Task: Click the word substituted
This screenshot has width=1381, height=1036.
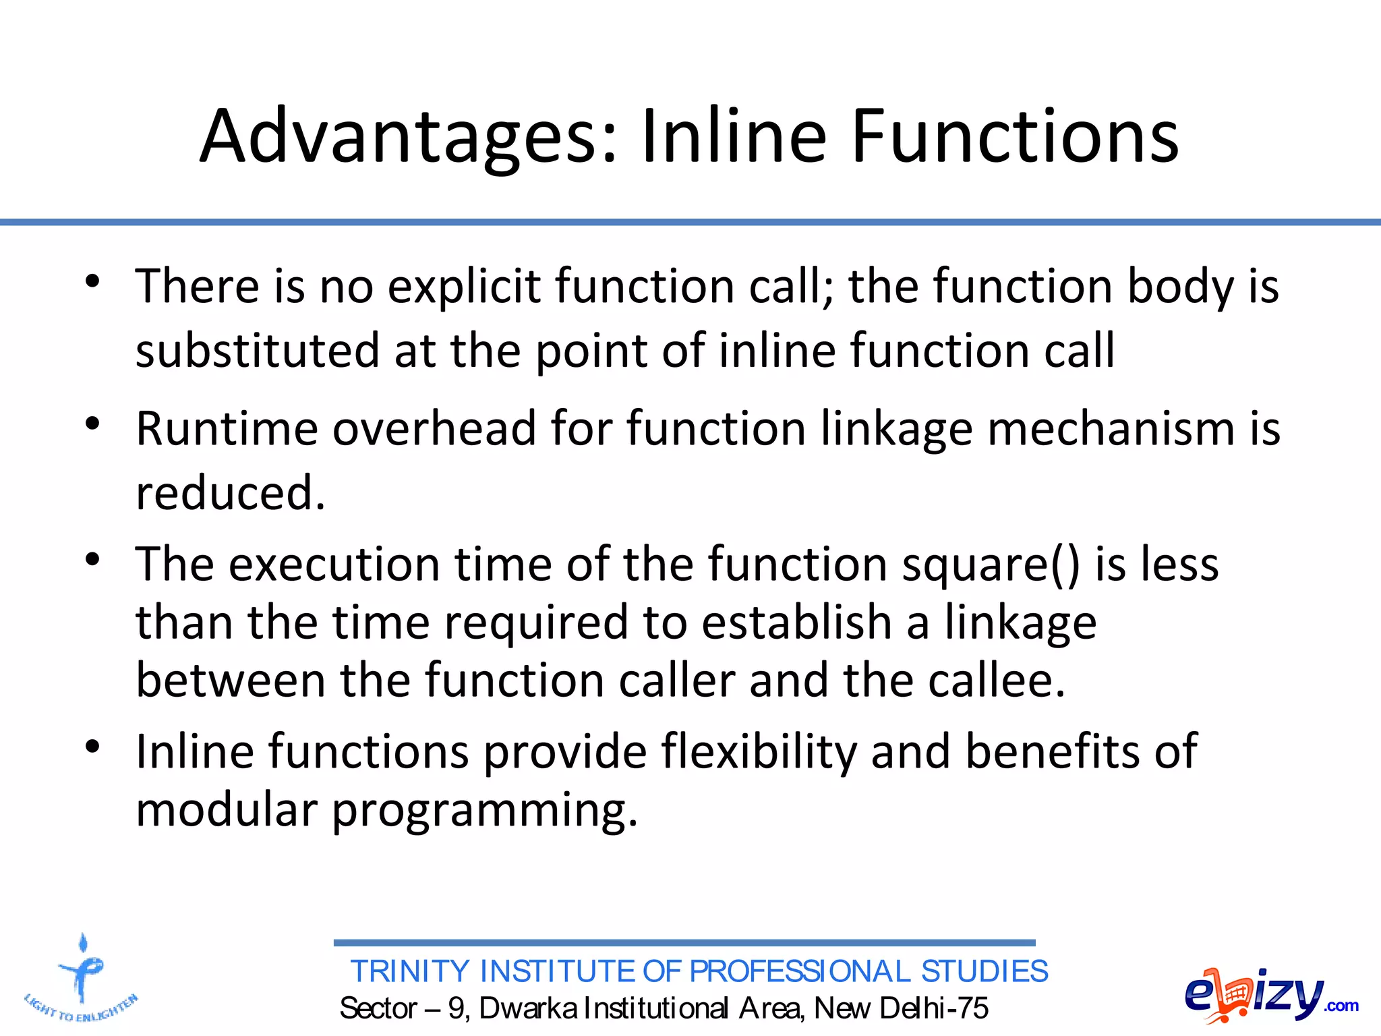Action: point(258,351)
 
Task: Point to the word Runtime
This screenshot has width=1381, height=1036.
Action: point(226,429)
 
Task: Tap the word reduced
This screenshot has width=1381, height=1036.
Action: point(229,493)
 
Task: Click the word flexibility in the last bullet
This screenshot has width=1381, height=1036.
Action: point(759,751)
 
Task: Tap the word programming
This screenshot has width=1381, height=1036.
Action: point(484,811)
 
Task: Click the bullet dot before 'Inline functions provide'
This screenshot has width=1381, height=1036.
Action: point(93,746)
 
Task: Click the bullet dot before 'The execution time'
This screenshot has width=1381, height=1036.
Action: point(93,558)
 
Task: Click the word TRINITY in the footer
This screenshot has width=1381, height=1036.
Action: point(409,972)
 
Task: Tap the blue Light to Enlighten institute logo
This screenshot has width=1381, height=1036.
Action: point(82,979)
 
